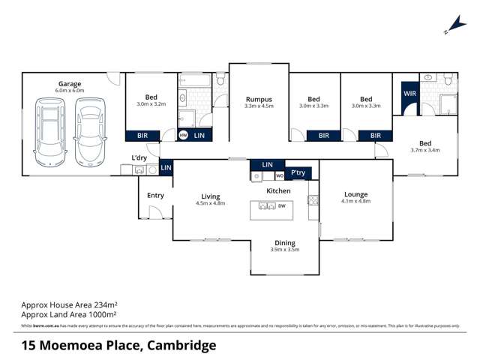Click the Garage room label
70,84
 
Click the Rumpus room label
258,99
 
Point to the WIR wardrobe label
409,94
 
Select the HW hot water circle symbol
184,136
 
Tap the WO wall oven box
279,176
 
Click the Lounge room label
355,194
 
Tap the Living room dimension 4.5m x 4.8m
210,203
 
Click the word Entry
155,196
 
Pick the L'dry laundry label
139,157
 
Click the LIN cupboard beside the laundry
166,167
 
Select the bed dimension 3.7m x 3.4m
425,150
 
